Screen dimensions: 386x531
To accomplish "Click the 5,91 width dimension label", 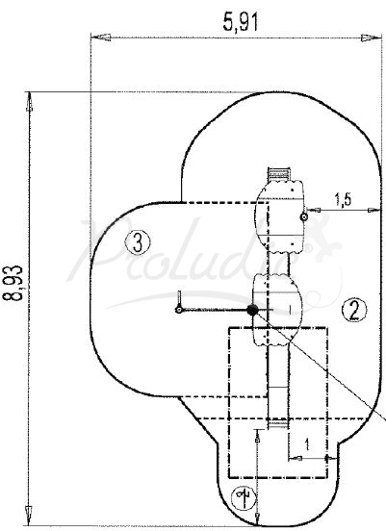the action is point(241,22).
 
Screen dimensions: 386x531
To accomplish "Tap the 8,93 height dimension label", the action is point(13,283).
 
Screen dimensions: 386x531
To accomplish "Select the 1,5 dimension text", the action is point(343,200).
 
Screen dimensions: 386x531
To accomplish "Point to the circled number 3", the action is point(138,242).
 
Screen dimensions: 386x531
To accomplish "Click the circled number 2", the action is point(354,310).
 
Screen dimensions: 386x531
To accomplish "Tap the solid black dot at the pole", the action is point(252,310).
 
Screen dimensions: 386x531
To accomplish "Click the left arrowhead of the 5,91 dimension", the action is point(101,38).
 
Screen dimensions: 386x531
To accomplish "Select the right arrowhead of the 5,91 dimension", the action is point(372,38).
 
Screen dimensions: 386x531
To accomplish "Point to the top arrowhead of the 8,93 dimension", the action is point(30,102).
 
